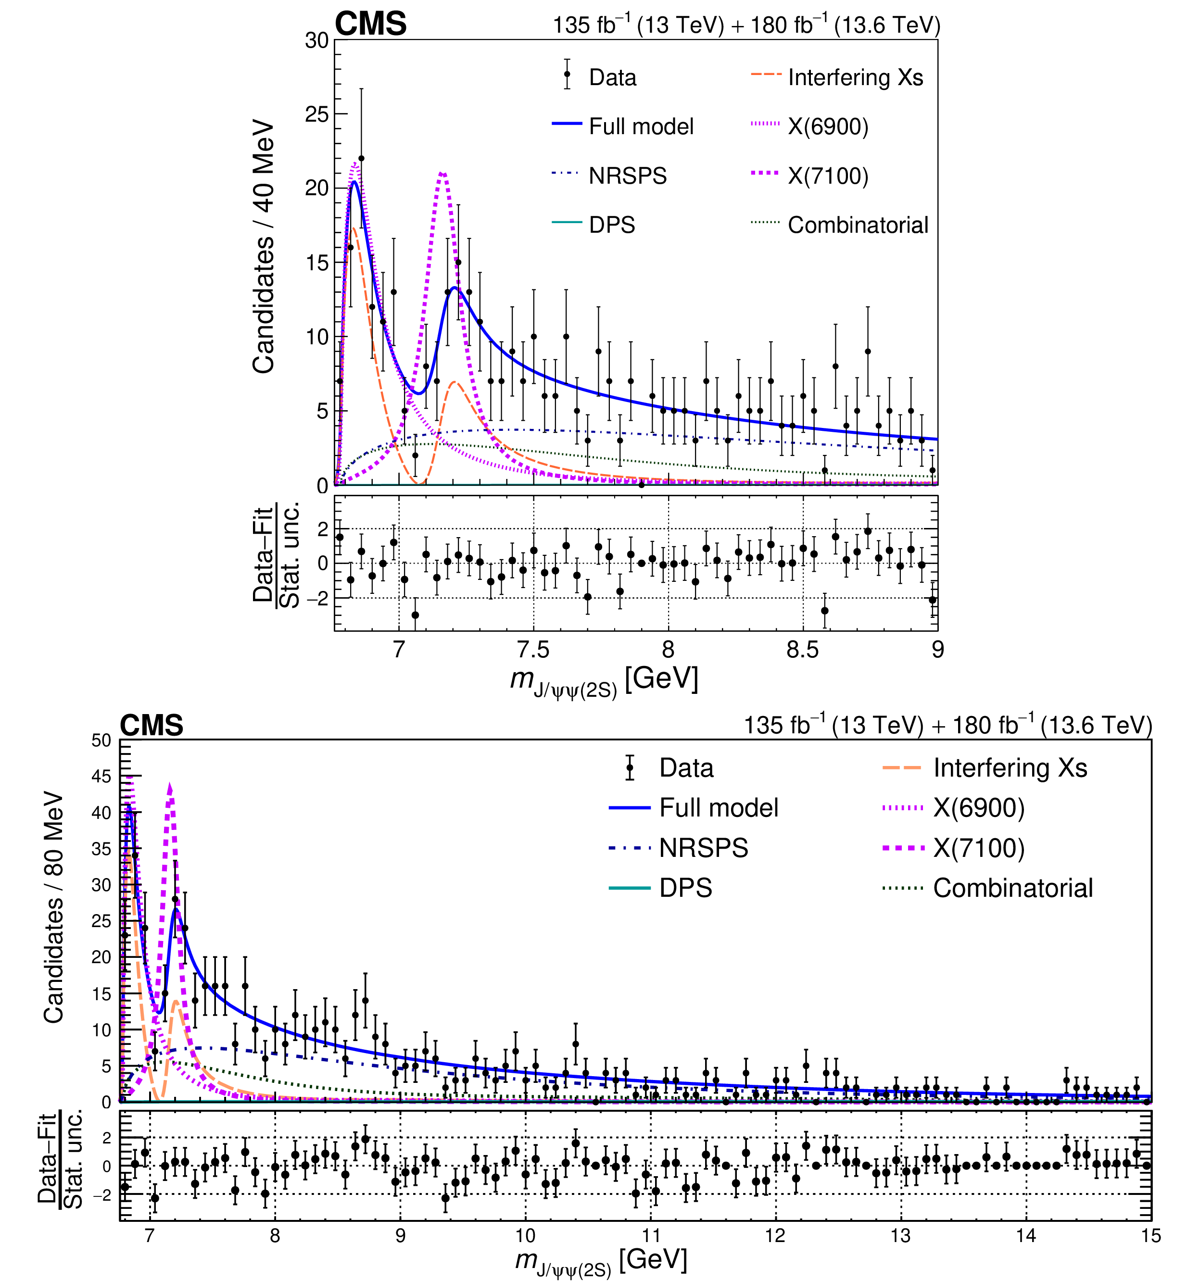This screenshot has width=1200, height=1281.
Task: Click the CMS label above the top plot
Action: pyautogui.click(x=370, y=24)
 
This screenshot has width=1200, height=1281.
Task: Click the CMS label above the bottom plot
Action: pyautogui.click(x=152, y=726)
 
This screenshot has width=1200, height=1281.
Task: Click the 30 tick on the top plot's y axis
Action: pyautogui.click(x=316, y=40)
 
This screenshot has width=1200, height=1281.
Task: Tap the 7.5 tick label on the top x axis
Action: pyautogui.click(x=533, y=650)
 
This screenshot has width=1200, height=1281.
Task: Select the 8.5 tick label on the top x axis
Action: pyautogui.click(x=802, y=650)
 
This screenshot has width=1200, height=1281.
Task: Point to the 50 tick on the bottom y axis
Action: pyautogui.click(x=101, y=741)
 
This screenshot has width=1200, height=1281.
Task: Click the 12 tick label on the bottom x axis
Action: pyautogui.click(x=775, y=1235)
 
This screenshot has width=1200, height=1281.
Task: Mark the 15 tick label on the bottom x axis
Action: pyautogui.click(x=1150, y=1235)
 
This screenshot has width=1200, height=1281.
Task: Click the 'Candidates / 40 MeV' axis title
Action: pyautogui.click(x=264, y=246)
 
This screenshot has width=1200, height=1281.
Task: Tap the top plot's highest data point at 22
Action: pyautogui.click(x=361, y=158)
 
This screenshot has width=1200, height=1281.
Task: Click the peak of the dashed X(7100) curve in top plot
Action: pyautogui.click(x=442, y=173)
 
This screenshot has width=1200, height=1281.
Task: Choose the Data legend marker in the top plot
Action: pyautogui.click(x=567, y=75)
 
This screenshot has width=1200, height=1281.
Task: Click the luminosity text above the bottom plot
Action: pyautogui.click(x=947, y=726)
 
